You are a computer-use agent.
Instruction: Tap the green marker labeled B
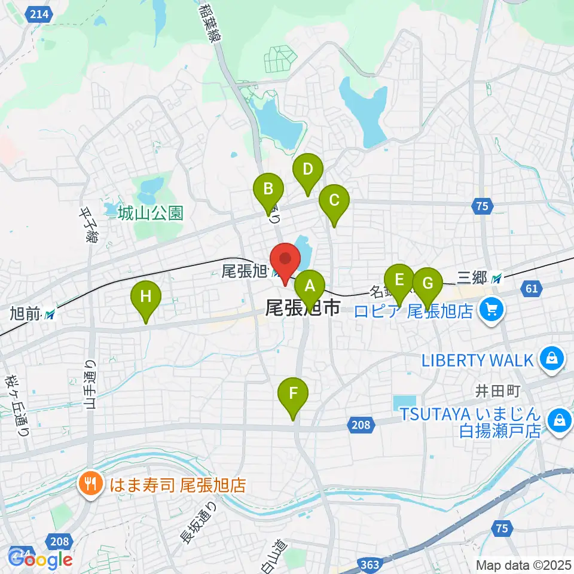click(268, 190)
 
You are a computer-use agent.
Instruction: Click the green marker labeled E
click(399, 280)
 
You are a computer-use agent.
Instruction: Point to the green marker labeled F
click(293, 395)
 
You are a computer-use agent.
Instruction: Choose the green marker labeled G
click(427, 282)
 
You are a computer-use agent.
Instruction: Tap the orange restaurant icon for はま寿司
click(91, 484)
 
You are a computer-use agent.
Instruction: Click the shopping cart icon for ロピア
click(492, 310)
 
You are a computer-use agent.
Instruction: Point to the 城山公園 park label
click(150, 213)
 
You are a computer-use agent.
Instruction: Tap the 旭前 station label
click(26, 312)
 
